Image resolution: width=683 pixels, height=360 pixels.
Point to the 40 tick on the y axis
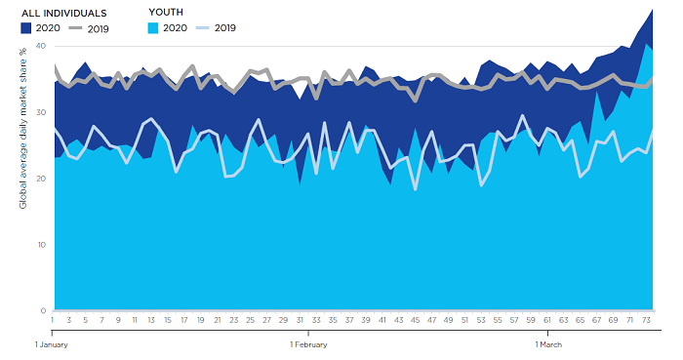(x=40, y=46)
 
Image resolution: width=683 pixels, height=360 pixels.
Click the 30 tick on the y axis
(x=40, y=112)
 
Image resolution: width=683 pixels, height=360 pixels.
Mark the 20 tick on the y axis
(x=40, y=179)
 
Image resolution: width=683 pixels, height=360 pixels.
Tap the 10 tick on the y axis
(x=40, y=245)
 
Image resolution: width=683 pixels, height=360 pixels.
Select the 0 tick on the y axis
(x=42, y=310)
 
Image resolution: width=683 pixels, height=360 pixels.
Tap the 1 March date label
(x=550, y=343)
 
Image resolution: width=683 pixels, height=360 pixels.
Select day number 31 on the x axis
(x=300, y=319)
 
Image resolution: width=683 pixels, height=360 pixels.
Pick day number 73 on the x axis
(x=648, y=319)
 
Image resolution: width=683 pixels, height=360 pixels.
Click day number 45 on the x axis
(x=416, y=319)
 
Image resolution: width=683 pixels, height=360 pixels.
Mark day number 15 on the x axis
(x=168, y=319)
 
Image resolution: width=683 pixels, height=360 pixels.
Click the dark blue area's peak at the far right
(x=652, y=9)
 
